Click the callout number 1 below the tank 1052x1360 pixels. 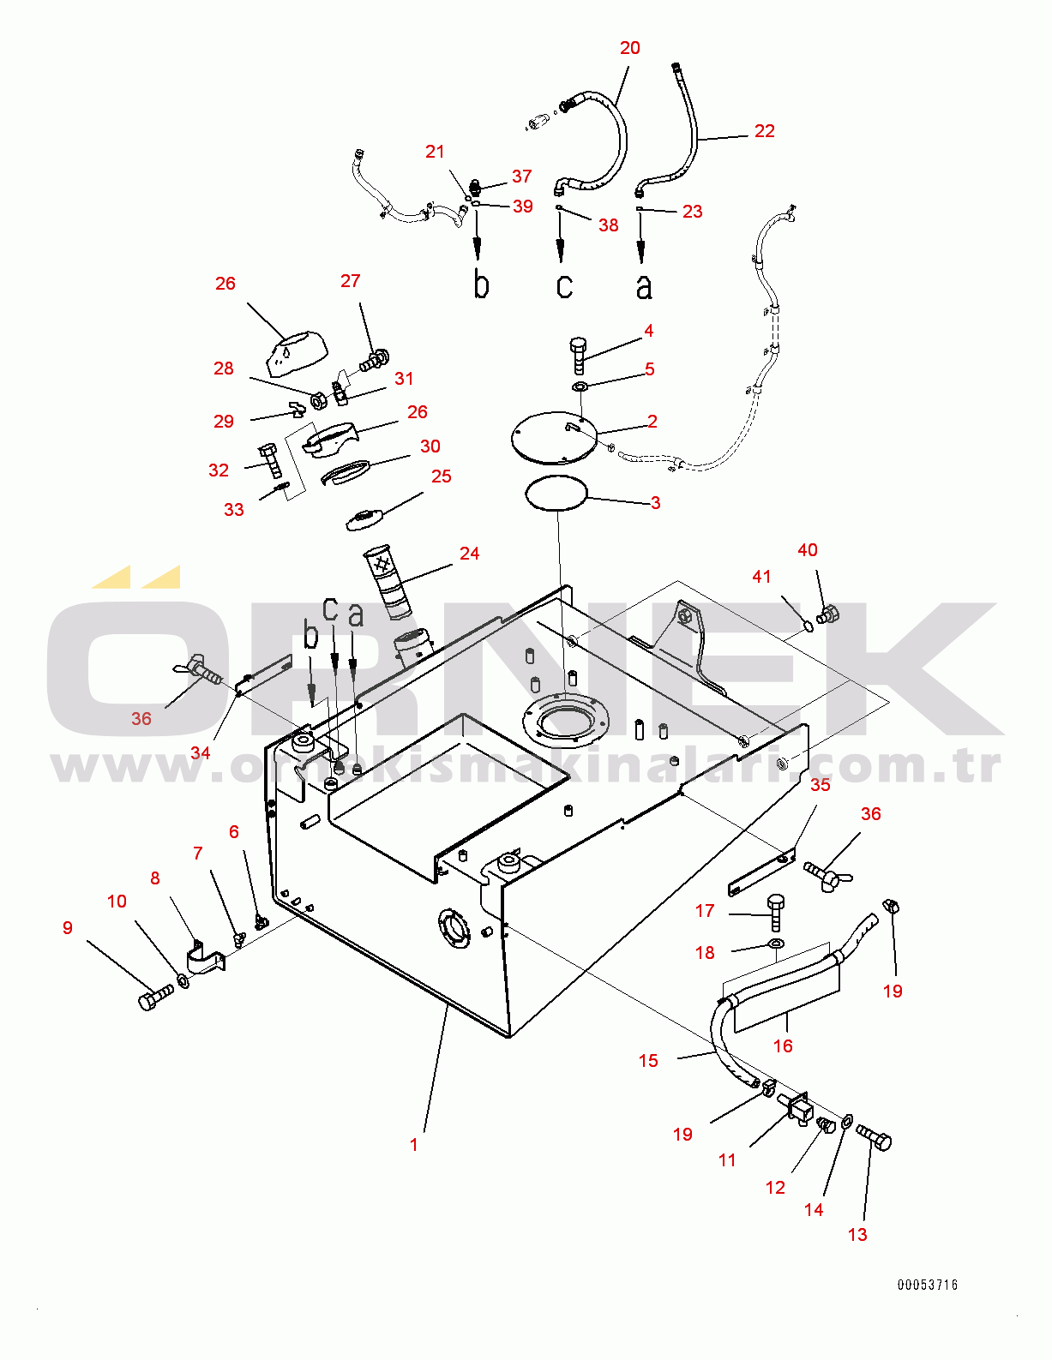pyautogui.click(x=414, y=1145)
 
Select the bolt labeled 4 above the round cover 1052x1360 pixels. pyautogui.click(x=578, y=354)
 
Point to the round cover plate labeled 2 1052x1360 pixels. pyautogui.click(x=553, y=437)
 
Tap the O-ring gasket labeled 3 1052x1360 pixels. pyautogui.click(x=556, y=494)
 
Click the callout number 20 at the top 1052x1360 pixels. pyautogui.click(x=629, y=48)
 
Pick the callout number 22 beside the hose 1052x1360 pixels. pyautogui.click(x=764, y=131)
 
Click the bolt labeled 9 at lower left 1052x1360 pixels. pyautogui.click(x=154, y=998)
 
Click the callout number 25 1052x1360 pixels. pyautogui.click(x=441, y=476)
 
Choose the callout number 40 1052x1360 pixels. pyautogui.click(x=807, y=550)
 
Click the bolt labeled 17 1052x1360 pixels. pyautogui.click(x=776, y=912)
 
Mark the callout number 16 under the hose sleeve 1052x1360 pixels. pyautogui.click(x=782, y=1046)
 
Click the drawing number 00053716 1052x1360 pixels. pyautogui.click(x=928, y=1285)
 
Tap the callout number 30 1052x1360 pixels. pyautogui.click(x=430, y=446)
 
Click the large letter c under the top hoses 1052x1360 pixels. pyautogui.click(x=563, y=285)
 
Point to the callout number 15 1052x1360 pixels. pyautogui.click(x=647, y=1061)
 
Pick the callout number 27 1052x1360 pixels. pyautogui.click(x=350, y=281)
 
